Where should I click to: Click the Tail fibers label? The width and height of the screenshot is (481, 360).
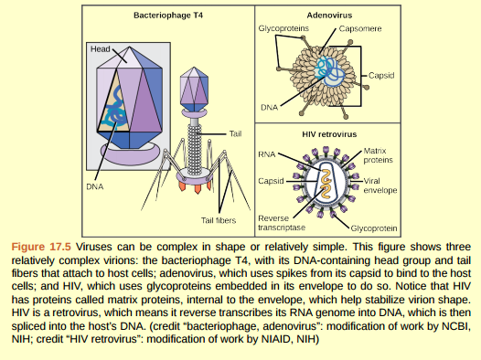click(x=219, y=219)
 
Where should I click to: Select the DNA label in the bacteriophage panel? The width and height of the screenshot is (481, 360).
click(x=94, y=185)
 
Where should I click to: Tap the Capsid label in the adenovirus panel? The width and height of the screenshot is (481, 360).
click(x=383, y=75)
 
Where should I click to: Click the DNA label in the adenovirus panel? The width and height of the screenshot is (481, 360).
click(x=269, y=107)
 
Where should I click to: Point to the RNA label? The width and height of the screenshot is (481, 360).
click(x=267, y=155)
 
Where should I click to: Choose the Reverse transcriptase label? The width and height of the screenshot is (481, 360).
click(x=274, y=223)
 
